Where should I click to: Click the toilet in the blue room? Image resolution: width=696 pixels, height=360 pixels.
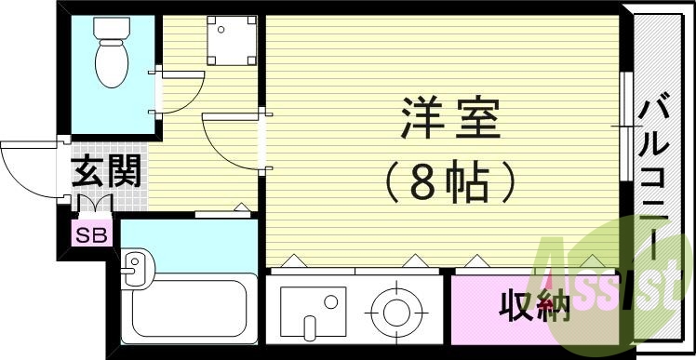(113, 60)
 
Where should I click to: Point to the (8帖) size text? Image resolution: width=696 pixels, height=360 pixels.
(449, 181)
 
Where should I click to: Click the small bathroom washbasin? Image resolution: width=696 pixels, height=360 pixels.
(133, 268)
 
